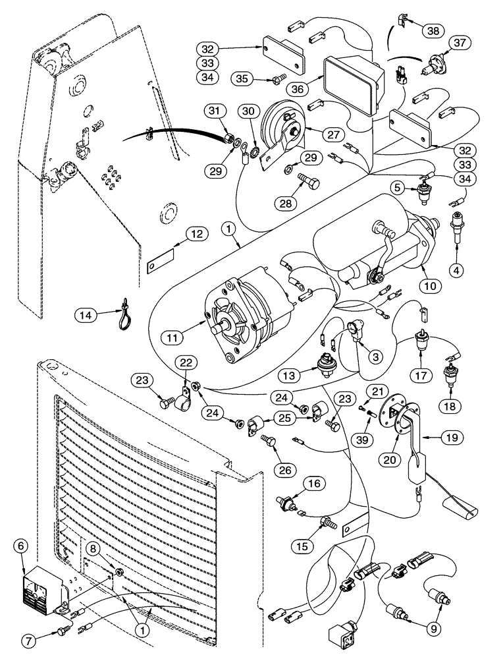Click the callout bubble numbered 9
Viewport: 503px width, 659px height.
tap(433, 629)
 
